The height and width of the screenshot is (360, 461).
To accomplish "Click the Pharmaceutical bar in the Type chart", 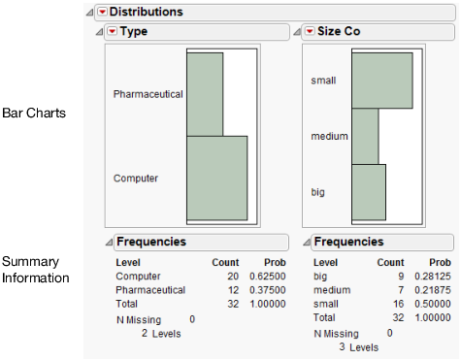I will coord(205,94).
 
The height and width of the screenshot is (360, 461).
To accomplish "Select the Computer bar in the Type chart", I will coord(216,179).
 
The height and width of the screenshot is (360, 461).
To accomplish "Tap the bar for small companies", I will coord(381,80).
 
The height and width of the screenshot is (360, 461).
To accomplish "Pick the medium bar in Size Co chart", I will coord(365,136).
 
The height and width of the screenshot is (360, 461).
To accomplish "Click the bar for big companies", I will coord(368,192).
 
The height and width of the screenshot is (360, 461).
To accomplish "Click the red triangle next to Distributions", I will coord(102,12).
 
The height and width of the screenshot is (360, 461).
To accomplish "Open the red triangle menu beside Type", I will coord(112,32).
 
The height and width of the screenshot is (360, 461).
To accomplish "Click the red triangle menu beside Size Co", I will coord(310,32).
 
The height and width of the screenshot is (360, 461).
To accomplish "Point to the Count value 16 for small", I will coord(398,303).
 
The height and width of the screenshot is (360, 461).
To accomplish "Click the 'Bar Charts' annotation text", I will coord(34,114).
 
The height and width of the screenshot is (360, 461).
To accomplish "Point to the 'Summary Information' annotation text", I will coord(36,270).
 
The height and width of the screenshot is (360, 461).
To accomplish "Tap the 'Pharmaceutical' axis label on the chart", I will coord(148,94).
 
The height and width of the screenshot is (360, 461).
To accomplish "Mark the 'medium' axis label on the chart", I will coord(329,137).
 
